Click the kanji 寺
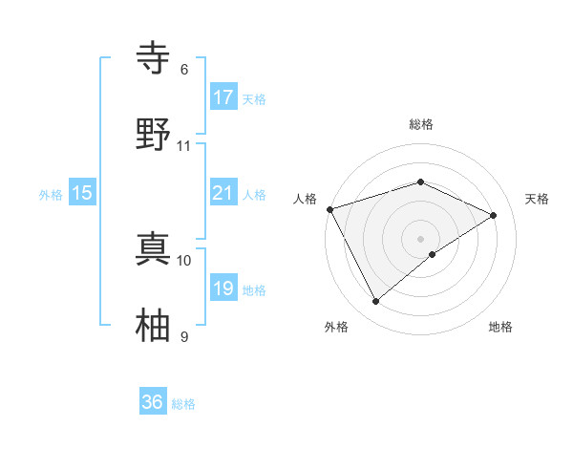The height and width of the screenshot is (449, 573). tap(154, 58)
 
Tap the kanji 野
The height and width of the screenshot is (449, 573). tap(154, 133)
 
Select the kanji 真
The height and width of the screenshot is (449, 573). tap(154, 247)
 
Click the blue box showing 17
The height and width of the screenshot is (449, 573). tap(223, 97)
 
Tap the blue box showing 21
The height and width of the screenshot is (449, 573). tap(223, 193)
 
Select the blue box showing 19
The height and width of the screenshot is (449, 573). tap(223, 289)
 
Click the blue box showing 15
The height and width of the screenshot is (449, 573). tap(82, 193)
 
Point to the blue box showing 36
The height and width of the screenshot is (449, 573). tap(153, 402)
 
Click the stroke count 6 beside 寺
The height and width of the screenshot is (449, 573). tap(184, 70)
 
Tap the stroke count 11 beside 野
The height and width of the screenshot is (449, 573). tap(184, 146)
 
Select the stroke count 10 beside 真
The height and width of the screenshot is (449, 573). tap(184, 260)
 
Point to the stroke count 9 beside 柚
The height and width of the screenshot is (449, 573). tap(184, 337)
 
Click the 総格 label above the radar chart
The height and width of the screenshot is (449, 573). tap(421, 124)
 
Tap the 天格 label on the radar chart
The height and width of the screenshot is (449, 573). tap(537, 199)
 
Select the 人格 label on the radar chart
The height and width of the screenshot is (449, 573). tap(306, 199)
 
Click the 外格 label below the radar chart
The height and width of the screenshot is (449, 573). tap(336, 328)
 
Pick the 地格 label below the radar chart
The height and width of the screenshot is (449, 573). tap(500, 328)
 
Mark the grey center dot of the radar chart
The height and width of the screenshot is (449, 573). tap(421, 238)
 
